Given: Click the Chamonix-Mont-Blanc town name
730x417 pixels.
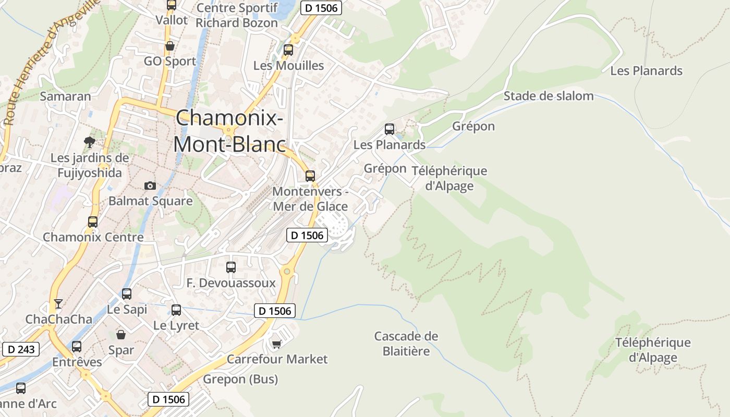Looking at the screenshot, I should [x=229, y=131].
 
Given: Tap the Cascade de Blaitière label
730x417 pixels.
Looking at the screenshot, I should [x=406, y=344].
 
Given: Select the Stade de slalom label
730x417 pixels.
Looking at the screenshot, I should [x=548, y=96].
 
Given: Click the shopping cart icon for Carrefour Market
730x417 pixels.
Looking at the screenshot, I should [x=276, y=344].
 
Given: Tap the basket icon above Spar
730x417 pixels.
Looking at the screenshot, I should [x=121, y=334].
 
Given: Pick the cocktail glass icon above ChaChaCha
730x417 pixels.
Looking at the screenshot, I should [x=58, y=303].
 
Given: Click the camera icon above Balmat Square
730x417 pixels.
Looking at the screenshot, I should [x=150, y=186].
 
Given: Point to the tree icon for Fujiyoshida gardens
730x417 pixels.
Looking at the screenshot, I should [x=90, y=141].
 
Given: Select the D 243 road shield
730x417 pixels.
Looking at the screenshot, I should [x=21, y=349].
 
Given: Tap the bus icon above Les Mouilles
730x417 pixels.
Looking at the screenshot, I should [x=288, y=50].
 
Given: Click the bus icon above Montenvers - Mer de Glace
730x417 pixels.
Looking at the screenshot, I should [x=310, y=176].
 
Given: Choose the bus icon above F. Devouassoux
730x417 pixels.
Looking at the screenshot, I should [x=231, y=267].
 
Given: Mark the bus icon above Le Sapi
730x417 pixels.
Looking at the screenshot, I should [x=127, y=294].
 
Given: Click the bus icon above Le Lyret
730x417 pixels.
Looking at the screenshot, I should [x=176, y=310].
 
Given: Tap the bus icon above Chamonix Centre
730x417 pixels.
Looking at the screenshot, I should [x=93, y=222].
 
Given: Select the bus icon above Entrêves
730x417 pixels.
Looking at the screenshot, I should [x=77, y=347].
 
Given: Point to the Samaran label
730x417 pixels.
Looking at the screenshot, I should [x=65, y=96].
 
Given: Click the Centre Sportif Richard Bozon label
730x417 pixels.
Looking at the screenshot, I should [x=237, y=16].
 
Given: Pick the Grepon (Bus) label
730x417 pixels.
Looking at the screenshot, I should [x=240, y=379].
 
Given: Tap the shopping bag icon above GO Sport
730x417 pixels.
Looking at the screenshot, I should [x=169, y=46].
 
